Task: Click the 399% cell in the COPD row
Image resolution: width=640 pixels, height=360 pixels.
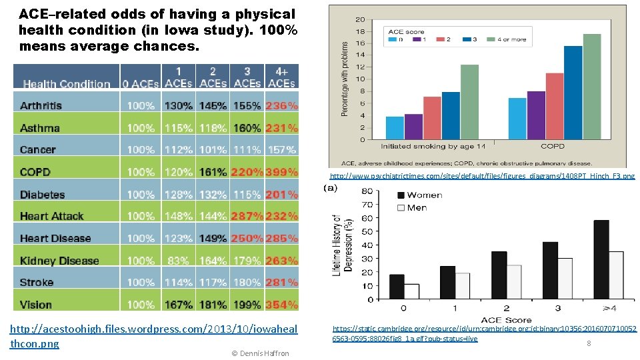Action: coord(281,172)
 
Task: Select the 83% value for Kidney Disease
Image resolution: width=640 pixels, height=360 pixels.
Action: coord(179,261)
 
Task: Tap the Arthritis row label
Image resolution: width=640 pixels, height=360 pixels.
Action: coord(41,105)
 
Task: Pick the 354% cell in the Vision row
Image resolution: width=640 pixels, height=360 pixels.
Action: coord(281,305)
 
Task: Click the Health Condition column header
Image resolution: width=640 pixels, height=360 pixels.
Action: coord(67,84)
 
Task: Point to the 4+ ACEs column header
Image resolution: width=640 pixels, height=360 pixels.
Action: coord(281,77)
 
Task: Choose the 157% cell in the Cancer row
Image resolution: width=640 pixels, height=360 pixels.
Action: coord(281,150)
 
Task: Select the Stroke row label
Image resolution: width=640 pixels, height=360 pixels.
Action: coord(37,283)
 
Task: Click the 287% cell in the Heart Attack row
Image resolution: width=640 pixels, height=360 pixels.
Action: coord(247,216)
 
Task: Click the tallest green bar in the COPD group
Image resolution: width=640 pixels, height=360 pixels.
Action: coord(592,87)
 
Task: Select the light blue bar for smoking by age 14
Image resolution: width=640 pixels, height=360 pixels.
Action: coord(395,128)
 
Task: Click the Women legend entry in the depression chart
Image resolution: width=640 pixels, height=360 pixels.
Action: coord(420,195)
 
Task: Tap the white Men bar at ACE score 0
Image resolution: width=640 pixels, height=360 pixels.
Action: coord(411,292)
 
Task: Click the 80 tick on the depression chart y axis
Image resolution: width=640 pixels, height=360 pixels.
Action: coord(366,191)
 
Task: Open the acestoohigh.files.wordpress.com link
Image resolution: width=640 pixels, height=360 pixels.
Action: coord(153,336)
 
